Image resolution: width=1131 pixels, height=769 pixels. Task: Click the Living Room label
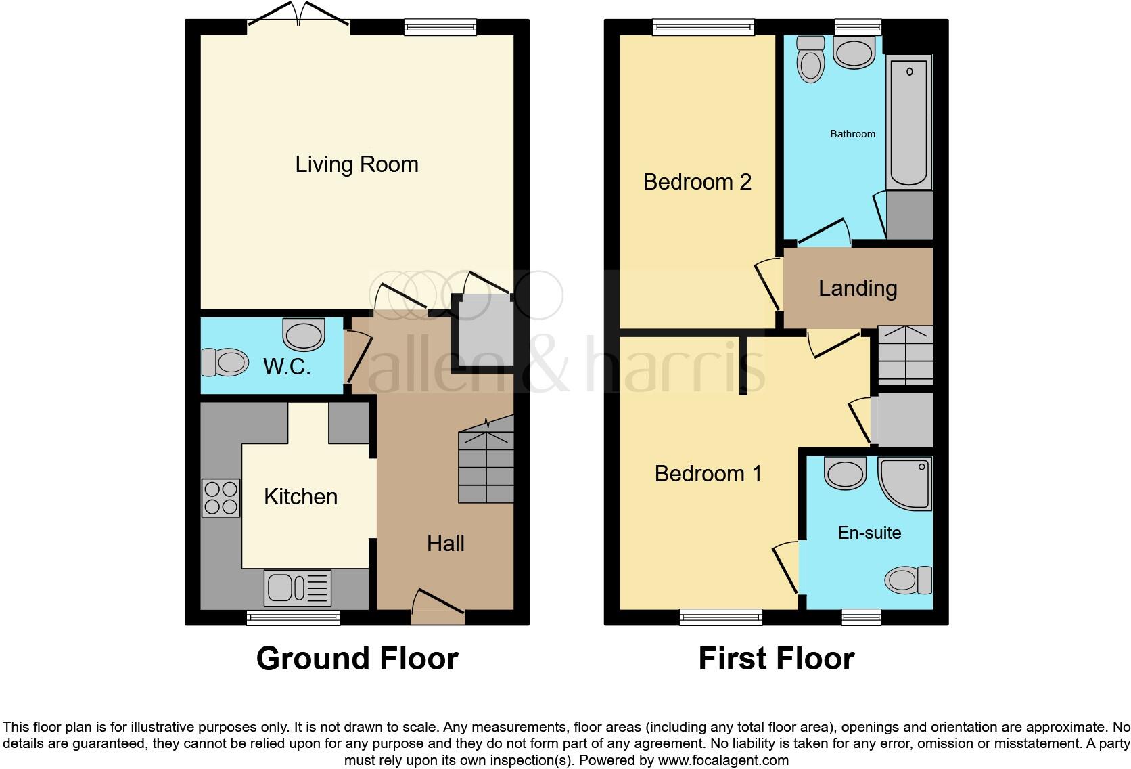coord(356,164)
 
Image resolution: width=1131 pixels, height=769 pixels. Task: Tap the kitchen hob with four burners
coord(221,498)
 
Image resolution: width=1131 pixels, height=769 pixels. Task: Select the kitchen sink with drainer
coord(298,587)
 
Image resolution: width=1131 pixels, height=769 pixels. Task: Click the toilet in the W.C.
coord(225,362)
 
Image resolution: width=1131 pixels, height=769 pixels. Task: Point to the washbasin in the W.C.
coord(304,334)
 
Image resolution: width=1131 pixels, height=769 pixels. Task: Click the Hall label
coord(445,543)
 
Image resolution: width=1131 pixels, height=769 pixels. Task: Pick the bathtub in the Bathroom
coord(908,122)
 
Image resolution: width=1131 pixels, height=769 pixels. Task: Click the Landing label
coord(857,288)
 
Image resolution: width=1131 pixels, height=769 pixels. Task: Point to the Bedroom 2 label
coord(697,181)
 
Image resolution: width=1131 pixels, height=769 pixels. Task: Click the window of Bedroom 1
coord(720,616)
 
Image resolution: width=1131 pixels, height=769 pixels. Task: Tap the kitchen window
coord(293,617)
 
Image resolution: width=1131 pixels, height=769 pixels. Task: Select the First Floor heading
coord(776,659)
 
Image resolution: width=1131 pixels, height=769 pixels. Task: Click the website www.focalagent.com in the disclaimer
coord(722,760)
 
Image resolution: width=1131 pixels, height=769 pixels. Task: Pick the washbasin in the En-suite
coord(845,473)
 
